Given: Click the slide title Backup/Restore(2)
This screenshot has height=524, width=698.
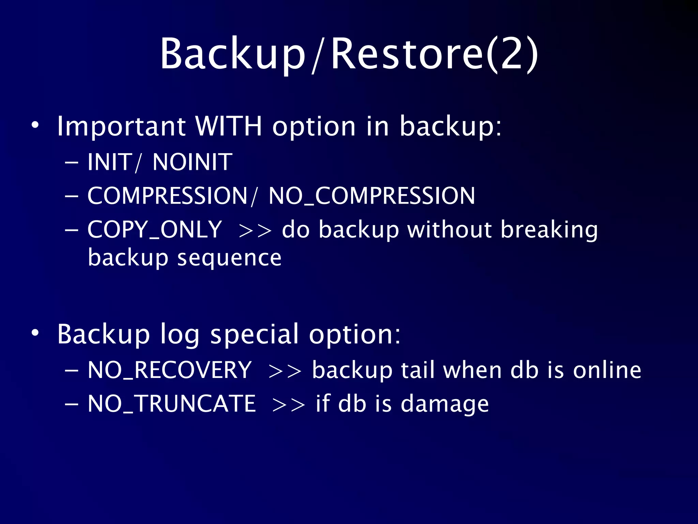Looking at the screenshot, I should tap(349, 55).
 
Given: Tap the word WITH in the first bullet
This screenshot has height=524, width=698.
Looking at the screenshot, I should tap(229, 126).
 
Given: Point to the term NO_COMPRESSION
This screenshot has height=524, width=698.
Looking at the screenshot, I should tap(371, 196).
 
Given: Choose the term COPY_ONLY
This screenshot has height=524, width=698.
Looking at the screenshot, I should tap(155, 229).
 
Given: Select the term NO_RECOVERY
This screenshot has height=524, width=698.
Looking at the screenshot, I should tap(169, 370).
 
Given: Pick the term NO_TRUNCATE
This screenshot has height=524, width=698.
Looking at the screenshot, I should tap(171, 404).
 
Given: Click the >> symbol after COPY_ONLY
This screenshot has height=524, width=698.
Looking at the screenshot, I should tap(255, 231).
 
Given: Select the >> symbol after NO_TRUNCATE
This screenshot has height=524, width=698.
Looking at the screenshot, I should tap(289, 405).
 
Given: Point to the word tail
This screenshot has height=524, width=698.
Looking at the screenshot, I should tap(418, 370).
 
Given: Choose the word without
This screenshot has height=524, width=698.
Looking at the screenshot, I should tap(450, 229).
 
